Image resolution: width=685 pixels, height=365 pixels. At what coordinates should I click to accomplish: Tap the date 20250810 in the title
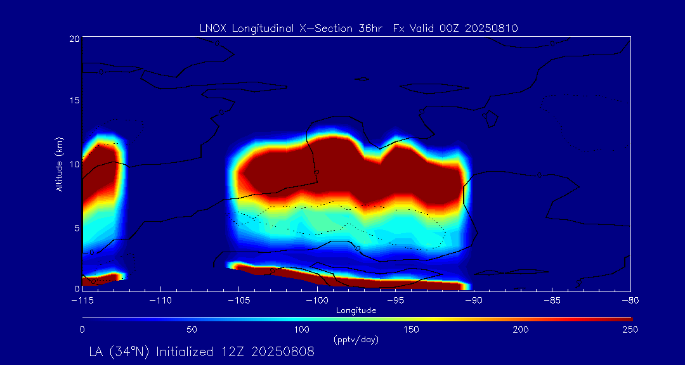pos(492,28)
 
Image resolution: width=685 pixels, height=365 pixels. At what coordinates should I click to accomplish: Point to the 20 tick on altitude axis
pos(74,39)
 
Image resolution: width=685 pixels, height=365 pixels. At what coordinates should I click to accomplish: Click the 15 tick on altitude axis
pos(74,101)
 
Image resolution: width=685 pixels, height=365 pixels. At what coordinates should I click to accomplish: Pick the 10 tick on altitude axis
pos(74,163)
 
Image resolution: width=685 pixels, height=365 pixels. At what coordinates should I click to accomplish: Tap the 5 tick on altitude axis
pos(76,226)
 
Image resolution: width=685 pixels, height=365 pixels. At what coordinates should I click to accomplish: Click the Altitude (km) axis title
pos(59,164)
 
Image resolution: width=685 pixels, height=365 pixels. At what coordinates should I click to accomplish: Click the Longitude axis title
pos(356,310)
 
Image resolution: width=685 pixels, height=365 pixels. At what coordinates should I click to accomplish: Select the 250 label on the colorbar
pos(630,330)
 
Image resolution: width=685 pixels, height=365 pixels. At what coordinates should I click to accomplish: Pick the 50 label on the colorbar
pos(192,330)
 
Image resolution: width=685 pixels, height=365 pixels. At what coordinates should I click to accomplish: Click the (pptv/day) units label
pos(356,340)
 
